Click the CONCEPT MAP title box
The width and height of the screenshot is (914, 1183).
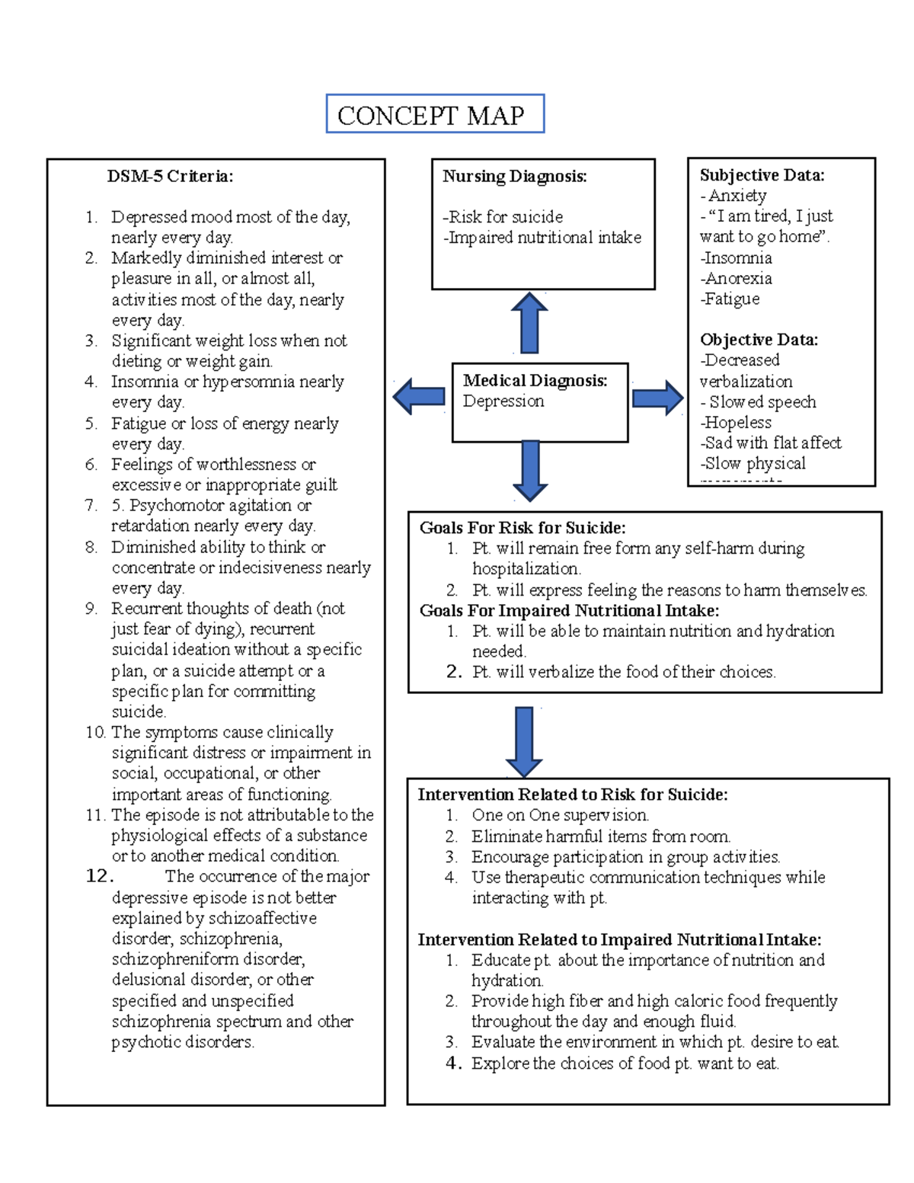click(x=435, y=114)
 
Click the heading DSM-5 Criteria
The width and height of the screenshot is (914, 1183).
click(x=170, y=176)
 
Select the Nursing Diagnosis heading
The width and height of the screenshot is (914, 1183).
click(x=515, y=176)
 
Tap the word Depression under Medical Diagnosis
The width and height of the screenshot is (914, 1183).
click(x=503, y=401)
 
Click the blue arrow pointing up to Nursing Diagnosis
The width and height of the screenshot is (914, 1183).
click(x=529, y=323)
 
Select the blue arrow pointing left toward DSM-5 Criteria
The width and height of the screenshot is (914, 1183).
click(x=419, y=396)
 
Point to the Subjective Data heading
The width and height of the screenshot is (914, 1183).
click(x=762, y=175)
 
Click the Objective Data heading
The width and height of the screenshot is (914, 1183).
click(x=759, y=340)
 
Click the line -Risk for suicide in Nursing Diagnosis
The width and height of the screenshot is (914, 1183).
click(x=503, y=217)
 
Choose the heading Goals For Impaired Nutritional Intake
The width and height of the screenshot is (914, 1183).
click(x=569, y=611)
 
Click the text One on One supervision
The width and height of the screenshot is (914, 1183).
click(x=560, y=815)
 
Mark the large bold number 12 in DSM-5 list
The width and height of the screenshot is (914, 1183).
click(x=99, y=876)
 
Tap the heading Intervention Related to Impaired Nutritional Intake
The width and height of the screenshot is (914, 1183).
click(x=619, y=940)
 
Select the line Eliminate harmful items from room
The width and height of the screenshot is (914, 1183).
click(x=600, y=836)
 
